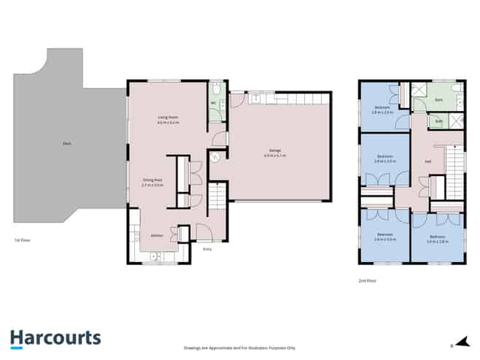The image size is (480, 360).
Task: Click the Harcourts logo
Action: pyautogui.click(x=56, y=337)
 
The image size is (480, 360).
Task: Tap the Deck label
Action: pyautogui.click(x=66, y=153)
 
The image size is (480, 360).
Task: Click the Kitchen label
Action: pyautogui.click(x=156, y=235)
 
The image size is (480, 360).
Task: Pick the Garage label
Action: pyautogui.click(x=274, y=153)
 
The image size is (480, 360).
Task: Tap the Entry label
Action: pyautogui.click(x=207, y=250)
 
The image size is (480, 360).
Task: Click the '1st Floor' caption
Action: pyautogui.click(x=22, y=240)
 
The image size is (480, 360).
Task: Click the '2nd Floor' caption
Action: pyautogui.click(x=366, y=280)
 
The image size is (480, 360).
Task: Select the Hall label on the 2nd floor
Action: pyautogui.click(x=427, y=162)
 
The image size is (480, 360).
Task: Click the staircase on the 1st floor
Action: pyautogui.click(x=217, y=198)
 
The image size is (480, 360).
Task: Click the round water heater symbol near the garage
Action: pyautogui.click(x=215, y=156)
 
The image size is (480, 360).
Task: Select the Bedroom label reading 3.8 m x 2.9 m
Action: pyautogui.click(x=383, y=110)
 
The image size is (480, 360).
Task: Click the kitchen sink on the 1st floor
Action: pyautogui.click(x=155, y=257)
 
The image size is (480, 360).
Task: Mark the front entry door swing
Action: pyautogui.click(x=204, y=233)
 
